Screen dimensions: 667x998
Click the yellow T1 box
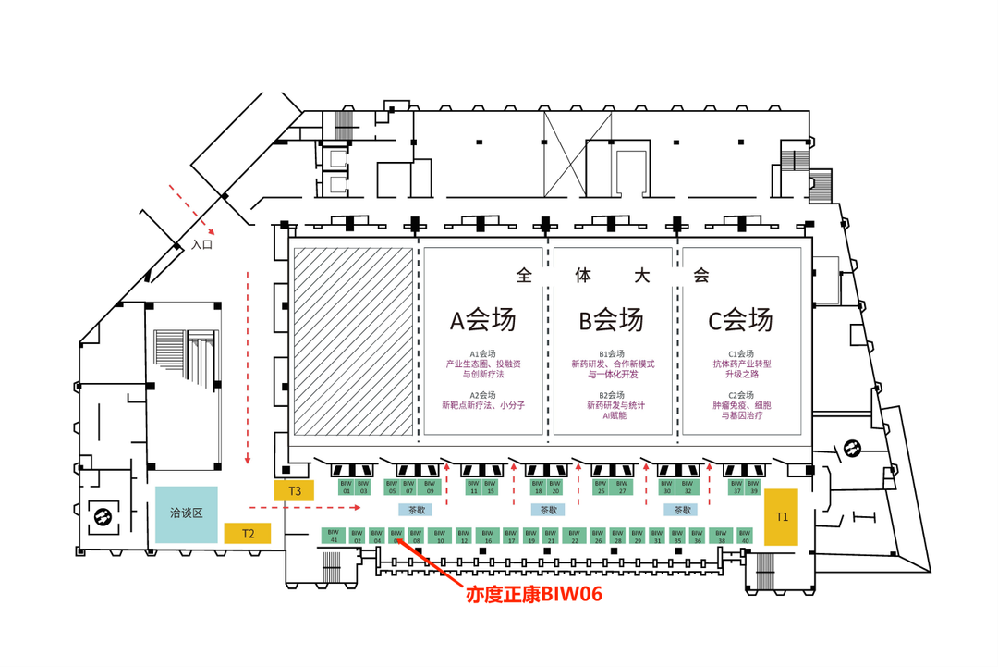pos(781,516)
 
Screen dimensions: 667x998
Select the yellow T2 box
pos(248,533)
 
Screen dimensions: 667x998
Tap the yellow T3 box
pos(294,490)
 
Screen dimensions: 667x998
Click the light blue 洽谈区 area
pos(186,513)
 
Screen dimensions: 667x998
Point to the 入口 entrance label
pos(201,245)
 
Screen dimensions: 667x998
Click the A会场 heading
pos(482,320)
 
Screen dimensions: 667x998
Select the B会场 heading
pos(611,320)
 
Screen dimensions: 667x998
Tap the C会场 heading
pos(740,320)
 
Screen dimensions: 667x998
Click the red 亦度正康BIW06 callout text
pos(534,595)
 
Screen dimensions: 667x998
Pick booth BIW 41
pos(333,535)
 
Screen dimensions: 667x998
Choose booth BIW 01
pos(347,487)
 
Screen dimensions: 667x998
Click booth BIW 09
pos(427,487)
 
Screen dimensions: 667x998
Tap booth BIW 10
pos(440,535)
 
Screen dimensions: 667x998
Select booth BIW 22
pos(574,535)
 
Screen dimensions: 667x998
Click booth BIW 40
pos(745,535)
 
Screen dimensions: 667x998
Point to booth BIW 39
pos(753,487)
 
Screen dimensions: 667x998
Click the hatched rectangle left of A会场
pos(352,340)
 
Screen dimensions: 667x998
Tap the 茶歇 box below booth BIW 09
pos(413,510)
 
